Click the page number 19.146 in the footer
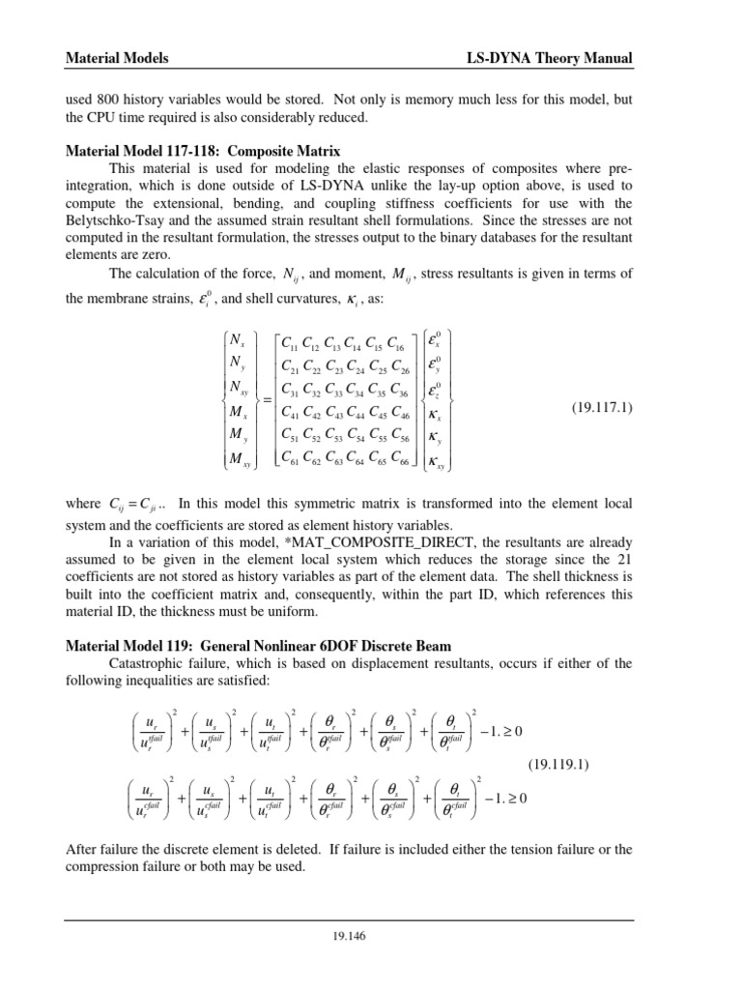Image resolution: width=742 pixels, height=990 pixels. pyautogui.click(x=370, y=936)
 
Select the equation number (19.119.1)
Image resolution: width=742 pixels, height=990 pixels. pyautogui.click(x=564, y=765)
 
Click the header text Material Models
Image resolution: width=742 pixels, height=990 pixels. pyautogui.click(x=116, y=59)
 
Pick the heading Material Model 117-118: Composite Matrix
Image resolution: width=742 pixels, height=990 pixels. pyautogui.click(x=203, y=151)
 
